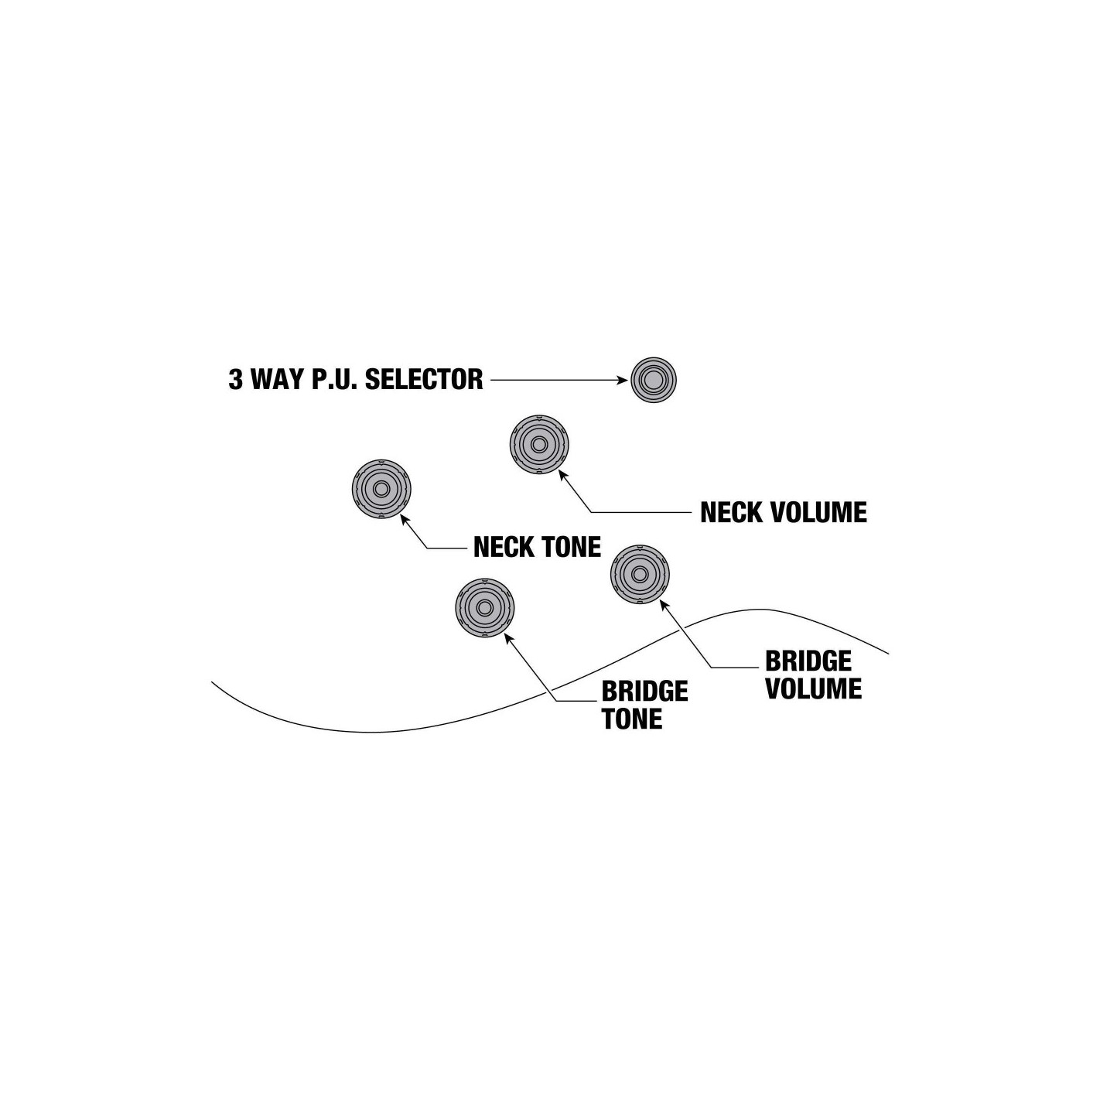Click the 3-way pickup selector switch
(654, 380)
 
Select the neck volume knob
(539, 444)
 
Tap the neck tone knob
(381, 489)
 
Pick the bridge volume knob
(640, 574)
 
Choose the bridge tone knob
(485, 607)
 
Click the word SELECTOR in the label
(424, 380)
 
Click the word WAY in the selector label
(278, 380)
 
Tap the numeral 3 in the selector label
(235, 380)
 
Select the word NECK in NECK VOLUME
(730, 513)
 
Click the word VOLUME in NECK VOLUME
(818, 513)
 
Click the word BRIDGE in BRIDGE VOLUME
(808, 661)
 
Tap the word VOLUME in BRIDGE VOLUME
(814, 688)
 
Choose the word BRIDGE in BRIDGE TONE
(644, 692)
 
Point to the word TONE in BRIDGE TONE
(632, 719)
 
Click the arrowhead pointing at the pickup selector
(622, 380)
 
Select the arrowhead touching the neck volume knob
(562, 474)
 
